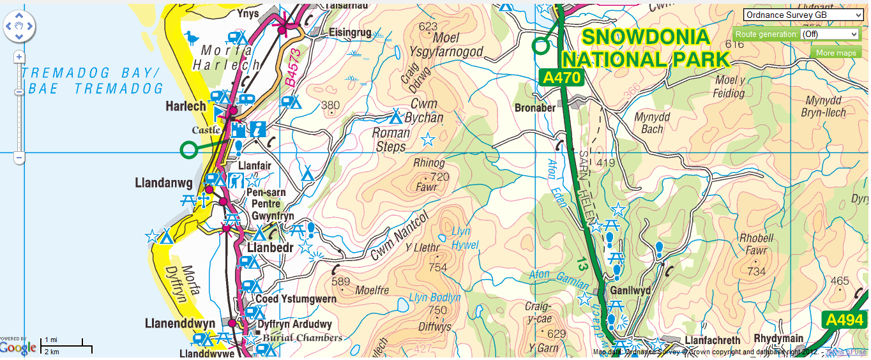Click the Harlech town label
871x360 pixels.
pyautogui.click(x=186, y=105)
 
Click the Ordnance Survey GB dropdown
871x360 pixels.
pyautogui.click(x=803, y=15)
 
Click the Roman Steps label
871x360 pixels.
pyautogui.click(x=391, y=140)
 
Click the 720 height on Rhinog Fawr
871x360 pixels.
pyautogui.click(x=440, y=177)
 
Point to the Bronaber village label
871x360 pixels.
pyautogui.click(x=535, y=108)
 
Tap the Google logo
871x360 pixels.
pyautogui.click(x=18, y=347)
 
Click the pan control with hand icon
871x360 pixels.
pyautogui.click(x=19, y=27)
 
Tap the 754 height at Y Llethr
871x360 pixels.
pyautogui.click(x=437, y=267)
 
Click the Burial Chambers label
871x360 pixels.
pyautogui.click(x=302, y=337)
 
